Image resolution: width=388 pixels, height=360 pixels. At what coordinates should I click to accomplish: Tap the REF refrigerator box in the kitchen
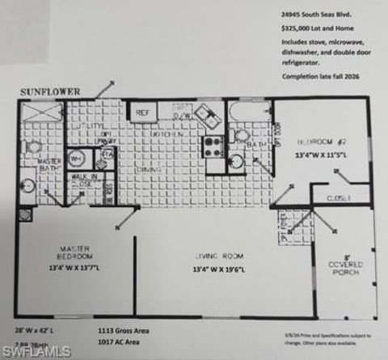tap(143, 113)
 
